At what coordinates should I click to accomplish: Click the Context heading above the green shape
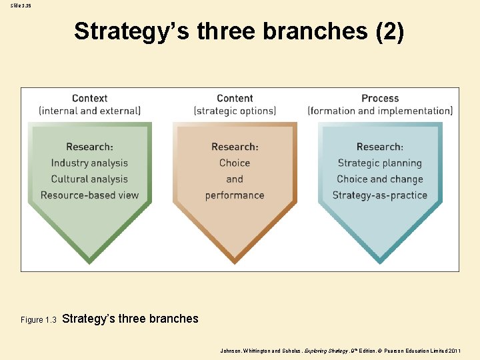click(x=89, y=98)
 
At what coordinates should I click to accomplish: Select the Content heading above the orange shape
click(x=235, y=98)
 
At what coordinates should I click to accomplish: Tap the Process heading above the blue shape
click(x=380, y=98)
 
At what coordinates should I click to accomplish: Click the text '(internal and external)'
click(x=89, y=111)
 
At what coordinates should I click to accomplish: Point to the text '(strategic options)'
click(x=235, y=111)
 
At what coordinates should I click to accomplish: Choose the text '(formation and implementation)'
click(x=380, y=111)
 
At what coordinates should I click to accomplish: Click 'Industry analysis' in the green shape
click(x=89, y=163)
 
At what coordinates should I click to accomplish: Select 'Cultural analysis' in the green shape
click(x=89, y=179)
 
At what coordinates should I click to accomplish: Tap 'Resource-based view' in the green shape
click(x=89, y=195)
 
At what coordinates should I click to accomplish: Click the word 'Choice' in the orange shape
click(x=235, y=163)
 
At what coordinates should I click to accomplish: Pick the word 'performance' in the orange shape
click(x=235, y=195)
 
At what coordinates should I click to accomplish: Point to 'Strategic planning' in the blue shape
click(x=380, y=163)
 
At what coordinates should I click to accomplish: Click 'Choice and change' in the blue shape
click(x=380, y=179)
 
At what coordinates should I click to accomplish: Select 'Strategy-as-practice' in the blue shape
click(x=380, y=195)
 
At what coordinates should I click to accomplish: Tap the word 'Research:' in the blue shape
click(x=380, y=147)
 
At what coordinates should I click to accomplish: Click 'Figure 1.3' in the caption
click(x=39, y=320)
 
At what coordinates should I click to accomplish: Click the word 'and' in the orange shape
click(x=235, y=179)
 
